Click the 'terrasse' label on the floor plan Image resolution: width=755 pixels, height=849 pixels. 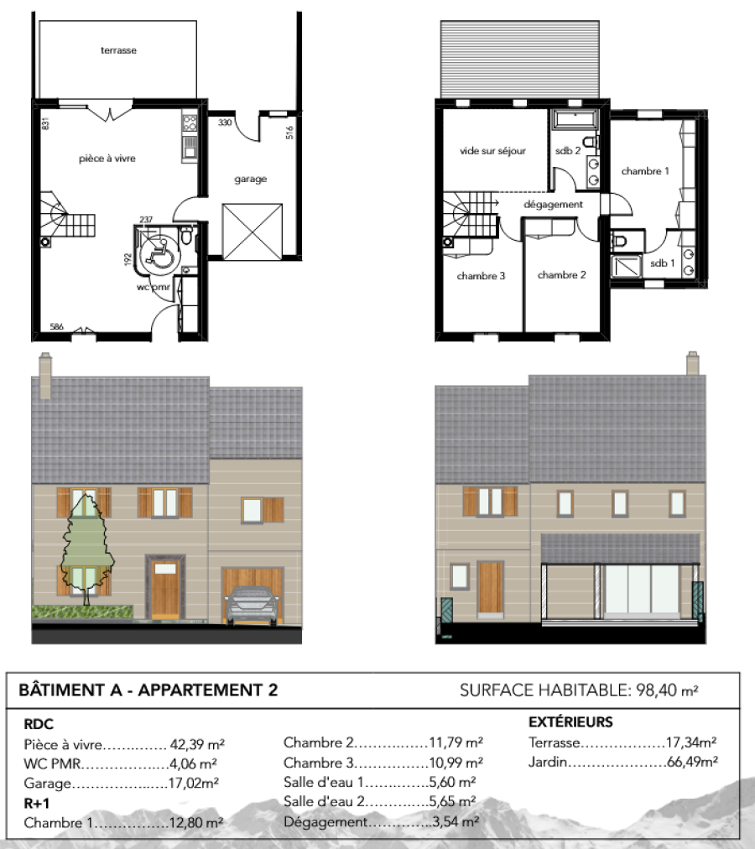point(118,50)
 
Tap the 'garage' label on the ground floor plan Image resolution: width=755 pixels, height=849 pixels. point(250,179)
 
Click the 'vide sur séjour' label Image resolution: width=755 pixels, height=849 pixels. point(493,151)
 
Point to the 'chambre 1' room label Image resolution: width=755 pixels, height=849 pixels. point(645,171)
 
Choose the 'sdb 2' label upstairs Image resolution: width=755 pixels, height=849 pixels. point(568,150)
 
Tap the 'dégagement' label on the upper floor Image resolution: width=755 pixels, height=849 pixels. point(553,204)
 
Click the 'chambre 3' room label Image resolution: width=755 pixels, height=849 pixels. point(481,276)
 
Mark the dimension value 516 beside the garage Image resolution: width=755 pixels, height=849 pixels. point(289,133)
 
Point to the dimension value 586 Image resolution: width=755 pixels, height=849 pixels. point(56,326)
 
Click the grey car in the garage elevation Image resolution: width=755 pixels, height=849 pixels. point(252,605)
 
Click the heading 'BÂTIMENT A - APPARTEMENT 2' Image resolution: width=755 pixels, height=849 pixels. point(148,690)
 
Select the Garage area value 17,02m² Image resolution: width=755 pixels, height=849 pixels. point(193,783)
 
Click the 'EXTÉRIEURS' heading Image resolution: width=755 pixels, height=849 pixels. point(570,721)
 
